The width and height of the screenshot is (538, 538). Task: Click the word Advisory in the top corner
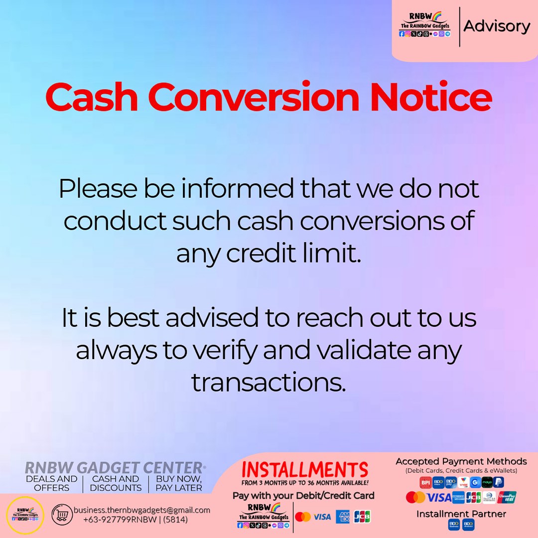coord(497,26)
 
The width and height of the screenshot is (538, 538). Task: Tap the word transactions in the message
coord(269,383)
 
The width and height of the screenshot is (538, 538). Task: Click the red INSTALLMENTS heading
coord(304,470)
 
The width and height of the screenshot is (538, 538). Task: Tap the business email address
coord(142,510)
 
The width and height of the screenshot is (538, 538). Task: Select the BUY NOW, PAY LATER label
coord(179,483)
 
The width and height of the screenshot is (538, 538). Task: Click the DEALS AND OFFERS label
coord(52,483)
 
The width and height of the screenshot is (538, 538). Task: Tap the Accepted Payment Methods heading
coord(461,461)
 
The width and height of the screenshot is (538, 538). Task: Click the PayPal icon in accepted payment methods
coord(498,482)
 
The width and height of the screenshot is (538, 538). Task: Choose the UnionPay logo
coord(507,497)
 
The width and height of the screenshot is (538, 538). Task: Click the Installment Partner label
coord(461,514)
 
